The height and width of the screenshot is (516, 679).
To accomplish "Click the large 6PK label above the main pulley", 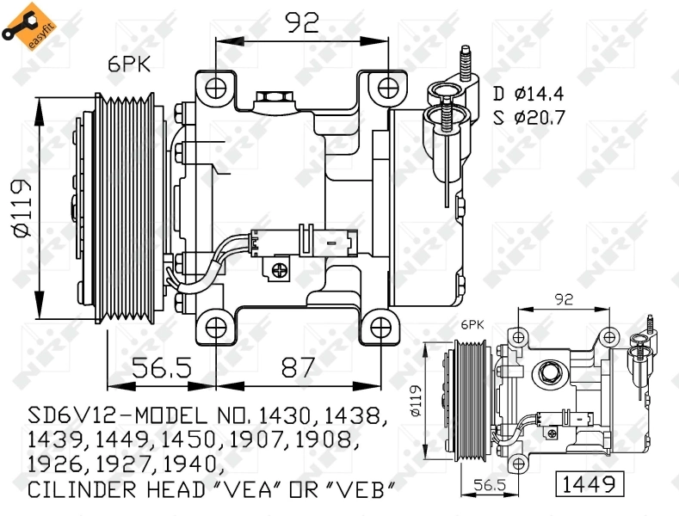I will (x=127, y=62).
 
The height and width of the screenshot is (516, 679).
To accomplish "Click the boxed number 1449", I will (x=589, y=485).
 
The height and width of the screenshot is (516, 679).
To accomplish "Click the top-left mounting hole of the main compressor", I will (x=215, y=86).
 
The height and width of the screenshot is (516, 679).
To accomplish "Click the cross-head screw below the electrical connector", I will (x=279, y=270).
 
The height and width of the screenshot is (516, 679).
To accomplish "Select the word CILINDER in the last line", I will (x=83, y=490).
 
